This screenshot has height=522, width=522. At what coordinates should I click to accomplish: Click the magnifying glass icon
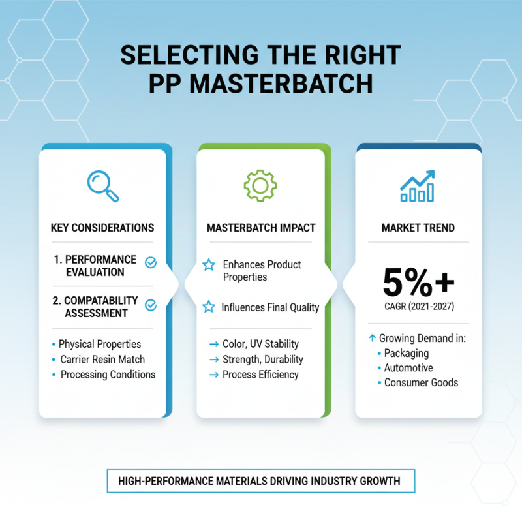pos(102,186)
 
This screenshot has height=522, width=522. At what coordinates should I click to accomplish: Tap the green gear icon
pos(260,185)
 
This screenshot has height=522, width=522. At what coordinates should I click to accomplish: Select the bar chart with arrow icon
pos(418,186)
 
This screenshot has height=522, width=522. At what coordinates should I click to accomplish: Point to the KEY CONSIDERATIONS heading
pos(102,228)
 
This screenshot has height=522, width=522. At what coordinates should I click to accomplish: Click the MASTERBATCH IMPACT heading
pos(261,228)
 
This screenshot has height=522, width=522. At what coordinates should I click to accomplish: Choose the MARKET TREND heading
pos(418,228)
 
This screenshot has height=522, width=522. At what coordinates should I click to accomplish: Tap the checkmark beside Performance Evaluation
pos(150,262)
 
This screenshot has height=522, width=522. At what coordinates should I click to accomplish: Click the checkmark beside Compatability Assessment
pos(150,304)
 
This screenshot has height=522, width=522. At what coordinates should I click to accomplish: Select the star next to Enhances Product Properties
pos(209,264)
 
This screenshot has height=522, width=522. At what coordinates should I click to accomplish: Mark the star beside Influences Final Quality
pos(209,307)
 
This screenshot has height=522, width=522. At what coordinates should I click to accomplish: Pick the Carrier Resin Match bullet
pos(102,360)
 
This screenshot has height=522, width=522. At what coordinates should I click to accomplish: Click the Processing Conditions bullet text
pos(108,375)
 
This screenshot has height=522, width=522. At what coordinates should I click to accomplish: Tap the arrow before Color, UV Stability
pos(213,345)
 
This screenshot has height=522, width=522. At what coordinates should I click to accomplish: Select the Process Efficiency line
pos(260,375)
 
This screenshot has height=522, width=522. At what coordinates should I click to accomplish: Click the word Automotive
pos(408,368)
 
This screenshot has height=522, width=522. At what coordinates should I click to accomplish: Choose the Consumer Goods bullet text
pos(421,382)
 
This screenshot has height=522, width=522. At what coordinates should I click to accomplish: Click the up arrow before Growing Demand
pos(372,338)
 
